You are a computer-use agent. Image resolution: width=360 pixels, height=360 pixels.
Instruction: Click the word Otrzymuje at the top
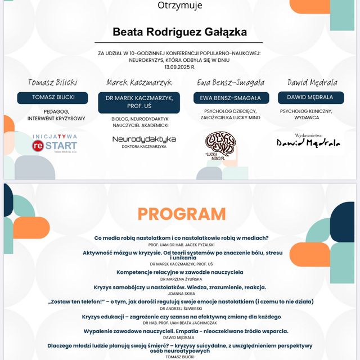tap(179, 6)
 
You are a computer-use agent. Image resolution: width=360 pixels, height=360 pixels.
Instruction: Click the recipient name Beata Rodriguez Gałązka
tap(179, 32)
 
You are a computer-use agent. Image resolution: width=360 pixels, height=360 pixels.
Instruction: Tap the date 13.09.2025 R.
tap(179, 66)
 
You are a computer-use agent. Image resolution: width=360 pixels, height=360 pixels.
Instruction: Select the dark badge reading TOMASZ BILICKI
tap(52, 97)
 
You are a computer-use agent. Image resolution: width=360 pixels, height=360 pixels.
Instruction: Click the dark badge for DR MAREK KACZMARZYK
tap(143, 102)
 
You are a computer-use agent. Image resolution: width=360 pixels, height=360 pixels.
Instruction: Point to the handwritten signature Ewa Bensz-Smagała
tap(230, 82)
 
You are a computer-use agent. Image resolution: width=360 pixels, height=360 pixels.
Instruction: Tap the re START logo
tap(54, 144)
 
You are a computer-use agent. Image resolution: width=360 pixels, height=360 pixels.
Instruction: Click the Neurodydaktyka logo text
tap(144, 139)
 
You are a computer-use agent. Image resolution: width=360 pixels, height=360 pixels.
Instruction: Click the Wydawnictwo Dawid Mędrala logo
tap(308, 141)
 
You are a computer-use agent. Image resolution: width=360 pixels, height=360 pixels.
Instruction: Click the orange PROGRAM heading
tap(181, 214)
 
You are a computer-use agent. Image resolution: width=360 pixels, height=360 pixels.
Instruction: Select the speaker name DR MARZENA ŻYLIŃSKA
tap(181, 278)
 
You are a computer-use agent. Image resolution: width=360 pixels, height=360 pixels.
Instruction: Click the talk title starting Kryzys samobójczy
tap(180, 286)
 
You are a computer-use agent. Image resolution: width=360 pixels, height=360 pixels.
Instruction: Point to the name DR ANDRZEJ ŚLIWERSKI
tap(181, 308)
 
